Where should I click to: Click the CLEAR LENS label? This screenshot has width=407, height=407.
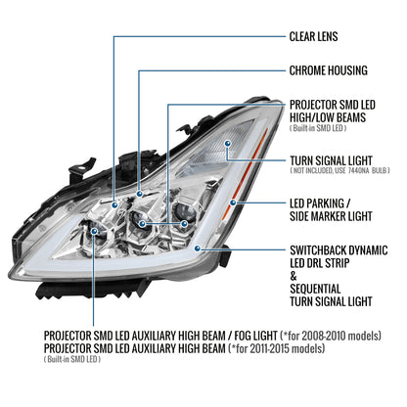point(313,36)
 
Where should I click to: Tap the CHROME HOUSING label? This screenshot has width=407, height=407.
point(329,70)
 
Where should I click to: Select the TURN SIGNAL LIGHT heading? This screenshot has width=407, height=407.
point(331,160)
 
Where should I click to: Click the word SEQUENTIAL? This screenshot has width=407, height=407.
point(315,289)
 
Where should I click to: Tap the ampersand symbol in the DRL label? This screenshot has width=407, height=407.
point(294,276)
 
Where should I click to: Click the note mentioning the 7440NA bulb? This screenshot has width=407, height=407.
point(339,170)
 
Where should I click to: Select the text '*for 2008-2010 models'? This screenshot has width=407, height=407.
point(331,336)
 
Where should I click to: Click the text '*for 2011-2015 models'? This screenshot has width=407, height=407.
point(277,348)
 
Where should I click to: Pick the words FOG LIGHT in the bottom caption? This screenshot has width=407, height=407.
point(255,336)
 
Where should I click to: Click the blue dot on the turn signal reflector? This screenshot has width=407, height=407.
point(227,143)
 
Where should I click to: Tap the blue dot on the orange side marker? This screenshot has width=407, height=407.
point(233,203)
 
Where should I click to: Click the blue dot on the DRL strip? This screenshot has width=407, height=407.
point(197,249)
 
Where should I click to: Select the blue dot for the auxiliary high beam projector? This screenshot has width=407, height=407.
point(94,231)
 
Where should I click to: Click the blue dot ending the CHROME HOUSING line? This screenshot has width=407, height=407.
point(140,194)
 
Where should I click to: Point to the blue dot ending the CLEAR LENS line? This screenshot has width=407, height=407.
point(114,204)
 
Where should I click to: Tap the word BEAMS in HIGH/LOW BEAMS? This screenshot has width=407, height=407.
point(350,117)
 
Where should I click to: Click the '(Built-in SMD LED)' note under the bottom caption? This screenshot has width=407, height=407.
point(72,359)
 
